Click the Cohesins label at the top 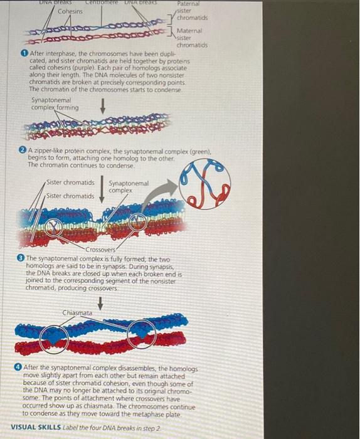point(70,11)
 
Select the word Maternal point(189,31)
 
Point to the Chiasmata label point(78,312)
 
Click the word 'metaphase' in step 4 point(151,414)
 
